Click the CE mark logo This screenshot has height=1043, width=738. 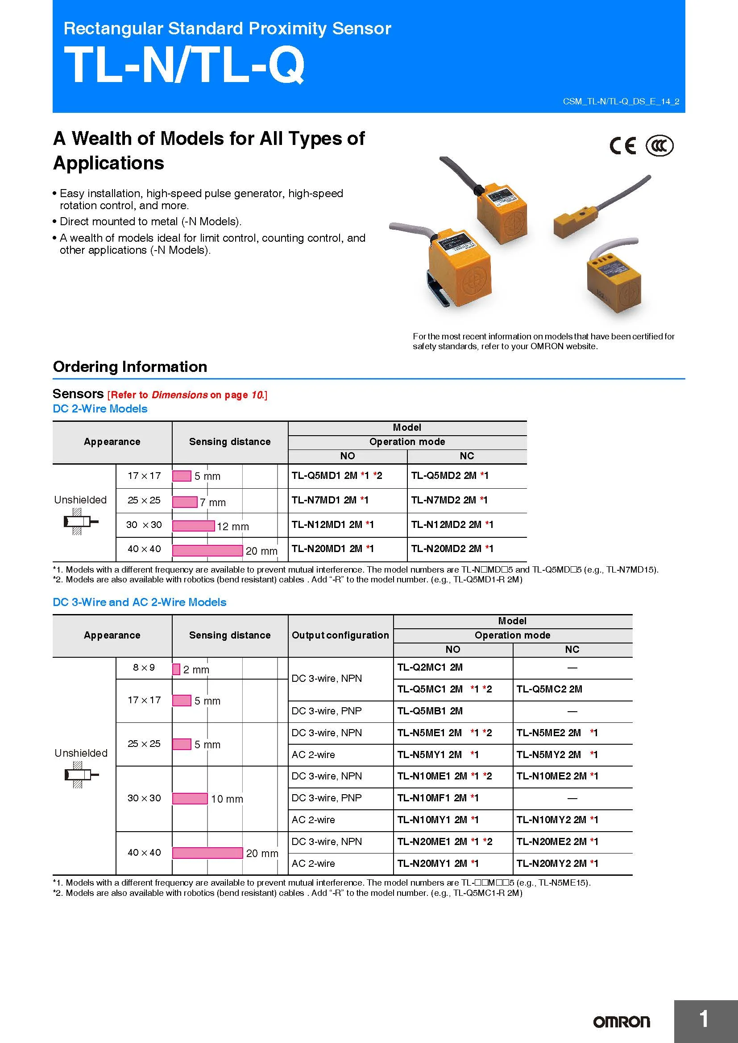[622, 146]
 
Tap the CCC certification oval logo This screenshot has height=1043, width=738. [659, 146]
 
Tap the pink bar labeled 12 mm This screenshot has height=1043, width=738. [193, 526]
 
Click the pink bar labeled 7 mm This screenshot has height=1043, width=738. [185, 502]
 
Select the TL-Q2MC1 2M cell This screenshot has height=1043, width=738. [430, 668]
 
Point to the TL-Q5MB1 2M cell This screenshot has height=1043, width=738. [430, 711]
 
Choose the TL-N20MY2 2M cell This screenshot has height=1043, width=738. [557, 863]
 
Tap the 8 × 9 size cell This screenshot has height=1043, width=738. [144, 668]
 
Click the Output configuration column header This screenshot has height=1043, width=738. [340, 635]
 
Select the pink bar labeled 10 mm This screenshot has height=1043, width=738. [190, 798]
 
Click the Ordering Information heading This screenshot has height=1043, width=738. [130, 367]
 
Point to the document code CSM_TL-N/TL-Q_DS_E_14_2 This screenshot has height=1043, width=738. [621, 101]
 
